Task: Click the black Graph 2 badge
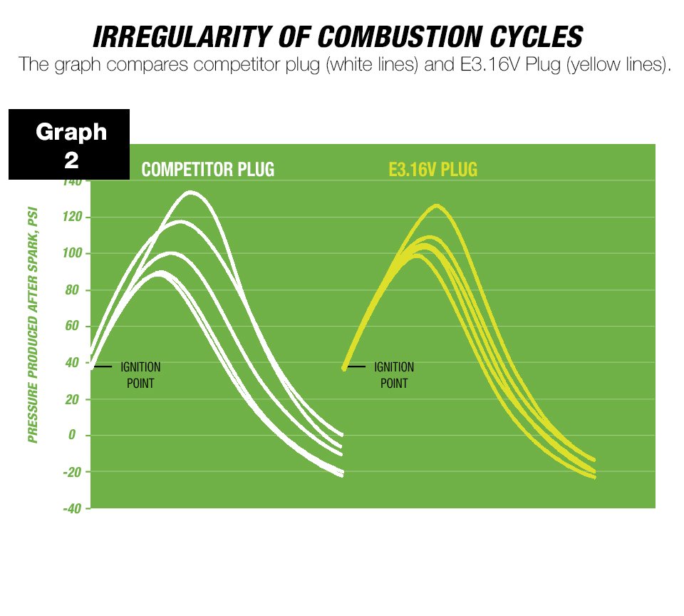70,145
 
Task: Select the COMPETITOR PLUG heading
207,170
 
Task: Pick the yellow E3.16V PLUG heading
432,170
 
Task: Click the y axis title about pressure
33,325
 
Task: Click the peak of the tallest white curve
190,192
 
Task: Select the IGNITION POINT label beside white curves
140,375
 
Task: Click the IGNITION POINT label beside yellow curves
394,375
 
